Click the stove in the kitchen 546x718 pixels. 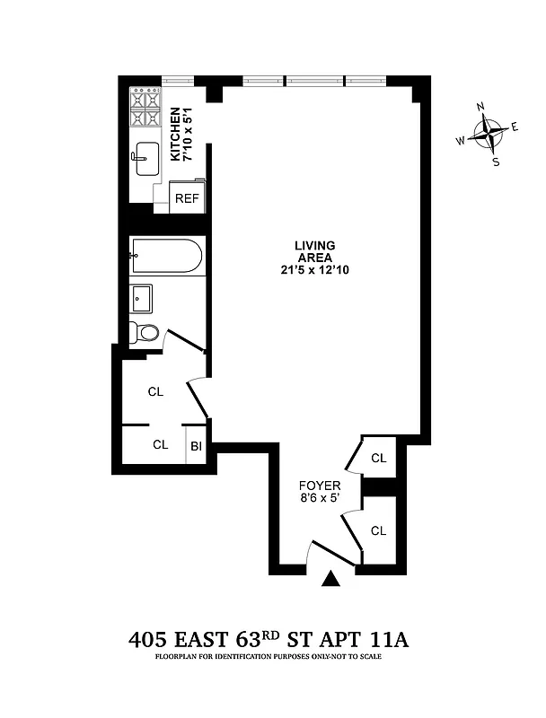click(x=145, y=108)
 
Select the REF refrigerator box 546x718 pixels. click(x=187, y=198)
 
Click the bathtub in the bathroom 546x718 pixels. click(x=166, y=257)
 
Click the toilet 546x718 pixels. click(x=145, y=333)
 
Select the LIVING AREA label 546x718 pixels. click(x=314, y=251)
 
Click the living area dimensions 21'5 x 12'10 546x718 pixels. click(x=314, y=271)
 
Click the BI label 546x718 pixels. click(x=196, y=445)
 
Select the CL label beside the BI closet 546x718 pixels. click(x=160, y=444)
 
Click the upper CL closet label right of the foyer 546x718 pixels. click(x=378, y=459)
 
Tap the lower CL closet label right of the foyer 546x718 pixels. click(x=378, y=531)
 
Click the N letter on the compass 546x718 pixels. click(x=481, y=108)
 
